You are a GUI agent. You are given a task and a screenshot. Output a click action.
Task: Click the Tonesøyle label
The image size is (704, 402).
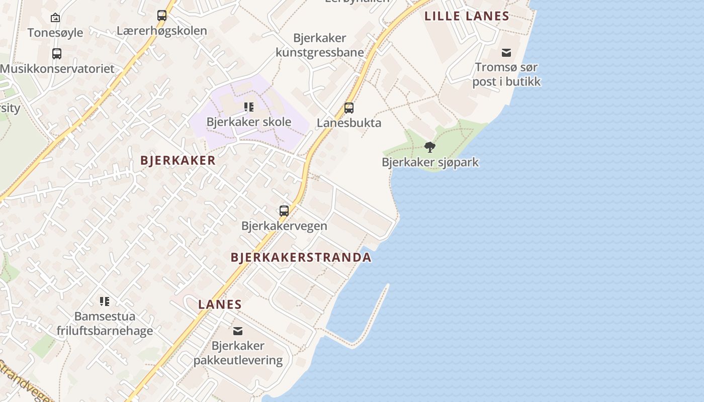coord(55,33)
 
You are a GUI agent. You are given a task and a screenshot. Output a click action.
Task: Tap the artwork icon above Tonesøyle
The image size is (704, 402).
coord(55,18)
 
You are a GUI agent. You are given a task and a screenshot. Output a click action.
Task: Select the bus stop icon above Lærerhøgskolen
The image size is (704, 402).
coord(161,16)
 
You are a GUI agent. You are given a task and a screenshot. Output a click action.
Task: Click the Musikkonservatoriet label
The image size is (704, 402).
coord(57,68)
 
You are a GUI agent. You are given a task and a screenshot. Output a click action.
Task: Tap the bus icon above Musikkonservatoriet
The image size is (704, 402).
coord(57,53)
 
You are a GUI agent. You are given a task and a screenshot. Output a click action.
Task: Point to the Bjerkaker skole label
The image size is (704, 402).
coord(249,122)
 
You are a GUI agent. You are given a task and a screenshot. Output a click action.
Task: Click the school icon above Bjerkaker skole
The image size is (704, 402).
coord(249,107)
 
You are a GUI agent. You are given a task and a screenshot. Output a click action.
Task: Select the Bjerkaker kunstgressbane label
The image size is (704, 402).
coord(320,45)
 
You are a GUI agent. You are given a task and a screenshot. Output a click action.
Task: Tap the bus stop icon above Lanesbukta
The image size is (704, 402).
coord(349,108)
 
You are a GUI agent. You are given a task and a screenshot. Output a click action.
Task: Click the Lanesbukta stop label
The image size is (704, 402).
coord(349,123)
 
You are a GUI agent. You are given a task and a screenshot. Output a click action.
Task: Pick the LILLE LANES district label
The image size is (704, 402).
coord(467,16)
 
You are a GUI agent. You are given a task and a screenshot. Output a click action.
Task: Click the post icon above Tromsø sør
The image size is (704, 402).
coord(506,53)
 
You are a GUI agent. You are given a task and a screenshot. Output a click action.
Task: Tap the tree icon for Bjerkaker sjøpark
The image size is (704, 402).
coord(430,147)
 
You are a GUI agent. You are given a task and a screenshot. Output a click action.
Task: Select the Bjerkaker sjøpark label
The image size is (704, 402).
coord(430,162)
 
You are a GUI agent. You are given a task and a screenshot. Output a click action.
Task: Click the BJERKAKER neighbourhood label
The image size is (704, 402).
coord(178,160)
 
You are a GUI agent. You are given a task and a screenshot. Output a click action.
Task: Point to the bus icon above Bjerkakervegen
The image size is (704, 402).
coord(284,211)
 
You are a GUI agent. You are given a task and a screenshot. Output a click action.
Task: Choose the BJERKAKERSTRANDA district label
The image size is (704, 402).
coord(301,258)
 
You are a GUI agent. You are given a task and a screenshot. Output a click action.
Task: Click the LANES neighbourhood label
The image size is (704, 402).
coord(220,304)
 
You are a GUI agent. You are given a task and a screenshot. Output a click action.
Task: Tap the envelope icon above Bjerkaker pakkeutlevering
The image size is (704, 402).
coord(238,331)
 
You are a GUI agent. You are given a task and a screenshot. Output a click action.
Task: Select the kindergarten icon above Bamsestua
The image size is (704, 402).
coord(105,301)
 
